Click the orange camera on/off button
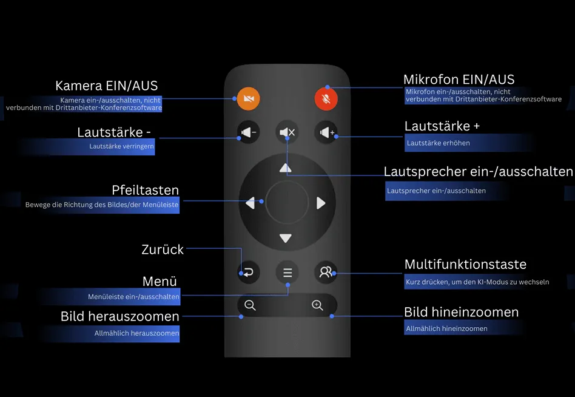[248, 98]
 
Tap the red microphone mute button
[326, 98]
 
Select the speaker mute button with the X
[287, 132]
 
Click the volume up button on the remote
[326, 132]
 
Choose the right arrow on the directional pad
[321, 203]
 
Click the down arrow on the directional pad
[286, 239]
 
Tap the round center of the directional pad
[286, 203]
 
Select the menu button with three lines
[287, 273]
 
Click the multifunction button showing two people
[326, 273]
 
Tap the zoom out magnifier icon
[250, 305]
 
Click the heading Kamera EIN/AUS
[106, 86]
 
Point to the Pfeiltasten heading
[145, 190]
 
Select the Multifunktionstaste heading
[465, 265]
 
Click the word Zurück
[162, 249]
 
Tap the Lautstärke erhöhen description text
[438, 143]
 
